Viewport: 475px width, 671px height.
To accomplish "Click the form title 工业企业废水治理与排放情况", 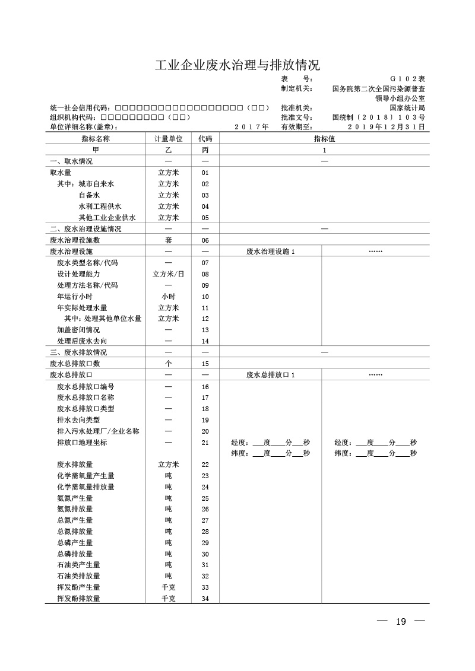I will pyautogui.click(x=237, y=65).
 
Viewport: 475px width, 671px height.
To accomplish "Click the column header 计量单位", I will pyautogui.click(x=168, y=139).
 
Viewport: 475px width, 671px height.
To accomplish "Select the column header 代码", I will pyautogui.click(x=205, y=139).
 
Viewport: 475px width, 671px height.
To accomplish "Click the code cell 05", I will pyautogui.click(x=205, y=218).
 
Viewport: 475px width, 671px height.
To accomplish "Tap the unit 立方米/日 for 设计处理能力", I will pyautogui.click(x=168, y=274).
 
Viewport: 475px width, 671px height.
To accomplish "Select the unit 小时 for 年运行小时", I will pyautogui.click(x=168, y=297).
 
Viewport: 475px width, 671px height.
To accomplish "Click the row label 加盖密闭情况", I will pyautogui.click(x=78, y=330).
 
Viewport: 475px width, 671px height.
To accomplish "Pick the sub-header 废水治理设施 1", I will pyautogui.click(x=270, y=252).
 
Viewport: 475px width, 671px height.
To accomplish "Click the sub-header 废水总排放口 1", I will pyautogui.click(x=270, y=375).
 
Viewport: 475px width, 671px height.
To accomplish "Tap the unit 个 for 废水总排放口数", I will pyautogui.click(x=168, y=364).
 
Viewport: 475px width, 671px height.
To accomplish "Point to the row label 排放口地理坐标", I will pyautogui.click(x=82, y=443).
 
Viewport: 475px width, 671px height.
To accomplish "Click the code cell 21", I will pyautogui.click(x=205, y=443).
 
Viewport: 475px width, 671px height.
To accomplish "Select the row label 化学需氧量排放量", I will pyautogui.click(x=85, y=487).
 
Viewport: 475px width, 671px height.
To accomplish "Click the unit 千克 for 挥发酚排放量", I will pyautogui.click(x=168, y=599).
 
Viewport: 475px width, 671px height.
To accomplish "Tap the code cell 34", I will pyautogui.click(x=205, y=599).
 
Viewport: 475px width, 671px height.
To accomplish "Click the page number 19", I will pyautogui.click(x=401, y=622).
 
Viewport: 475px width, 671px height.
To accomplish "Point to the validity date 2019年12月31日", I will pyautogui.click(x=386, y=126).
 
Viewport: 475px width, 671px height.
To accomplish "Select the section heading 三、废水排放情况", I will pyautogui.click(x=78, y=352).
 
